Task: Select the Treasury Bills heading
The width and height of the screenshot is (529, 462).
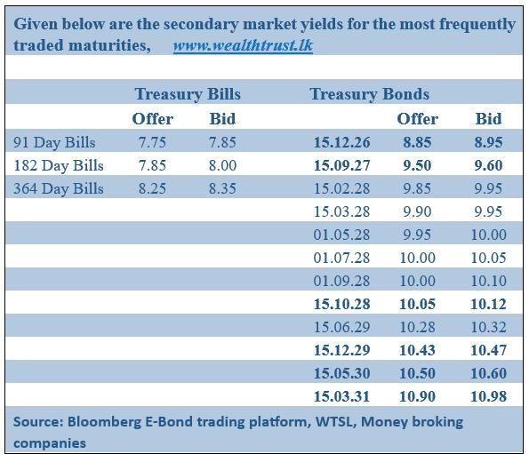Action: point(188,94)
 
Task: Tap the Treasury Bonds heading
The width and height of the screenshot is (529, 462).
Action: point(369,94)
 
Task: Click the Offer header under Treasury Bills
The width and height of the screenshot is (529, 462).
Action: point(153,118)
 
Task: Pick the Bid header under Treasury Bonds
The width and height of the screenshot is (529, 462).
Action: point(488,118)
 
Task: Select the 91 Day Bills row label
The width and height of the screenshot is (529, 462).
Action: point(55,142)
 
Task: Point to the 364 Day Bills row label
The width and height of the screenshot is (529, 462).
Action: point(59,188)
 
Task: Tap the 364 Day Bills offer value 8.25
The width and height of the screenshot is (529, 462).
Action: point(153,188)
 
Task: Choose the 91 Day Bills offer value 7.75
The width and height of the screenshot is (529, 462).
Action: point(153,142)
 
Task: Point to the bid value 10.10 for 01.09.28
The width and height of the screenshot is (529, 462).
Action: point(488,281)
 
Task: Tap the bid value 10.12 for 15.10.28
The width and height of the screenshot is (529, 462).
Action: point(488,304)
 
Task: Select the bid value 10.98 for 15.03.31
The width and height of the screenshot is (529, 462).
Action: point(488,396)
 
